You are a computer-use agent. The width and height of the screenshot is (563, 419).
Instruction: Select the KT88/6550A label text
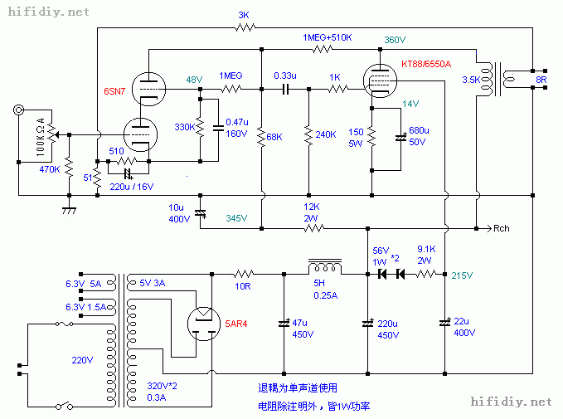point(426,64)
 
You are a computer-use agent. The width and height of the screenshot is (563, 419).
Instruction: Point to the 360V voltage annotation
point(395,39)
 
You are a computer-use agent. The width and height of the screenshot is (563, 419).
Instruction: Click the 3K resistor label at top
point(243,15)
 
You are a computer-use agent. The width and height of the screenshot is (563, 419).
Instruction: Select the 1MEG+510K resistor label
point(327,38)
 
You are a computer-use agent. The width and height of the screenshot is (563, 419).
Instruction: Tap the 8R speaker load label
point(541,80)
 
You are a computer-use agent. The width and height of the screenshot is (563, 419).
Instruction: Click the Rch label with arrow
point(502,228)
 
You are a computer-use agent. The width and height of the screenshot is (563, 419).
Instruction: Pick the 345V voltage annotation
point(235,218)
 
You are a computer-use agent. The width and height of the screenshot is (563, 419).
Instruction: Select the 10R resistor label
point(242,286)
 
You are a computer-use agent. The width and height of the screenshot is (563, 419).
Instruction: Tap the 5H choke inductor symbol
point(325,268)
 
